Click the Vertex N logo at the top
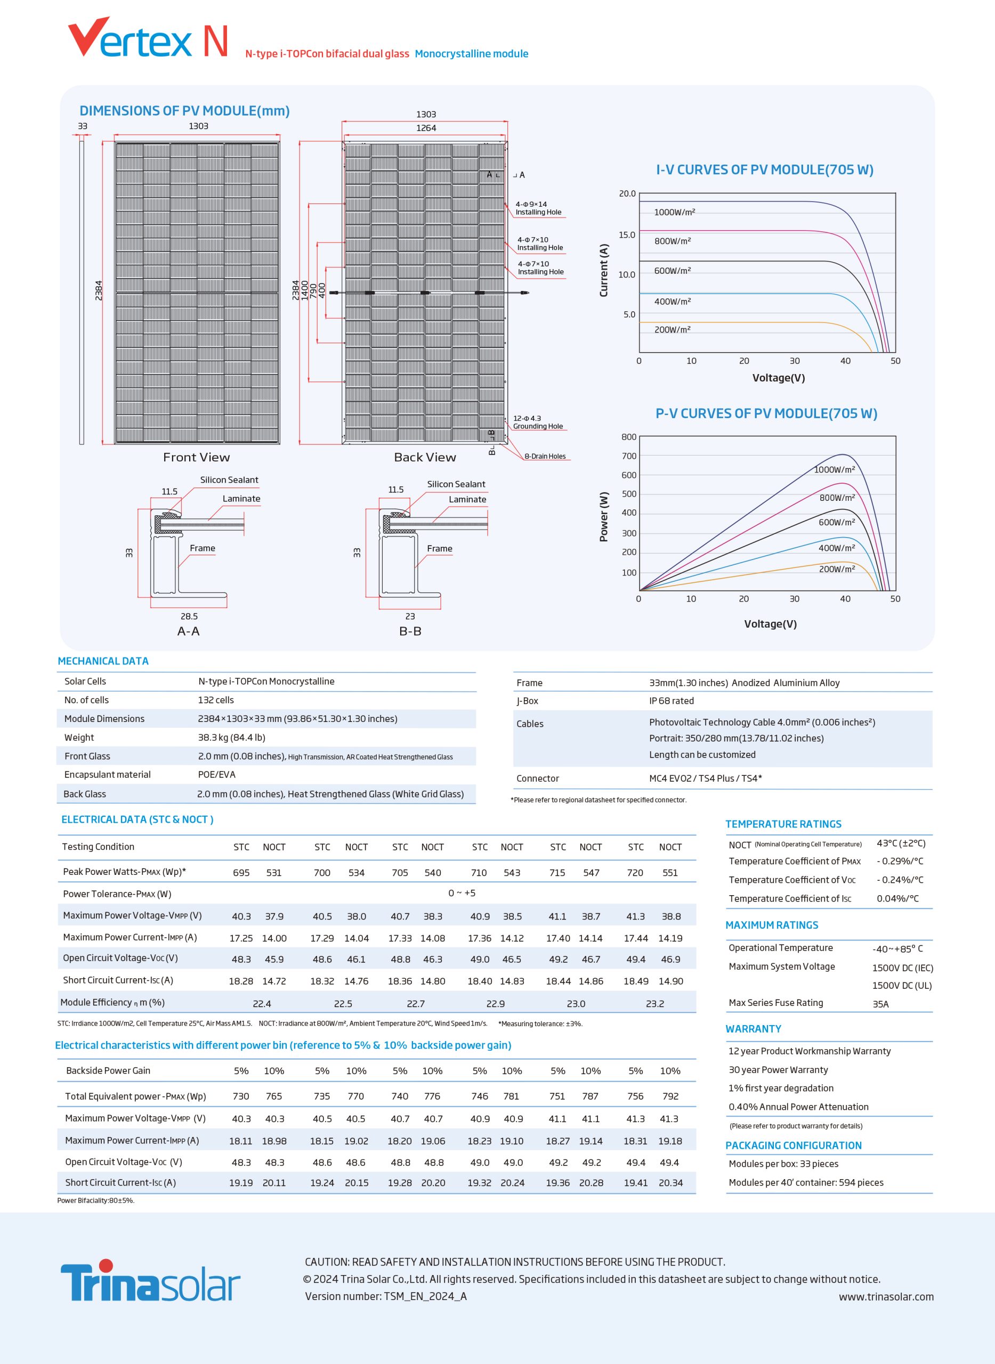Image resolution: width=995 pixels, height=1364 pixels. (x=148, y=38)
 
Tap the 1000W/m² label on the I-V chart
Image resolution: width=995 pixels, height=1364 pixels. (x=674, y=212)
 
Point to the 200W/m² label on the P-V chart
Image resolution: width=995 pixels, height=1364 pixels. (x=836, y=569)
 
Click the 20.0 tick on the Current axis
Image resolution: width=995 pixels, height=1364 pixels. (x=627, y=193)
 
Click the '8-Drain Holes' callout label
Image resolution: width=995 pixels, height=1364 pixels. (x=545, y=456)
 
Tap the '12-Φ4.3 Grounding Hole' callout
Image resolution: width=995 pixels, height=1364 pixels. (x=537, y=422)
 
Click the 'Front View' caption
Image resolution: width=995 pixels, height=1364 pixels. (x=196, y=457)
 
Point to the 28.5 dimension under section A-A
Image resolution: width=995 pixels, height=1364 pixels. (x=189, y=616)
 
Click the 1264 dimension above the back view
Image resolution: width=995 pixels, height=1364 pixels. (x=426, y=128)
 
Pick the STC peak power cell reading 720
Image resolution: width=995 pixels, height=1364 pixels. (x=635, y=873)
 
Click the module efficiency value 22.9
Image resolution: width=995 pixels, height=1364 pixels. (x=495, y=1003)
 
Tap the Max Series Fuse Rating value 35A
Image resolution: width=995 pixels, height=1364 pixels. (x=880, y=1004)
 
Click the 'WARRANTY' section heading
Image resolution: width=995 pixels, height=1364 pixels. (x=753, y=1028)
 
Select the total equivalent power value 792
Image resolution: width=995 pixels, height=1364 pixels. (x=670, y=1096)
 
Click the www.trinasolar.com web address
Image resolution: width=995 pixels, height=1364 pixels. (x=886, y=1296)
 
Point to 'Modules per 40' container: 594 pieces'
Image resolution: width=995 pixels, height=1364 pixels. (x=805, y=1182)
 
